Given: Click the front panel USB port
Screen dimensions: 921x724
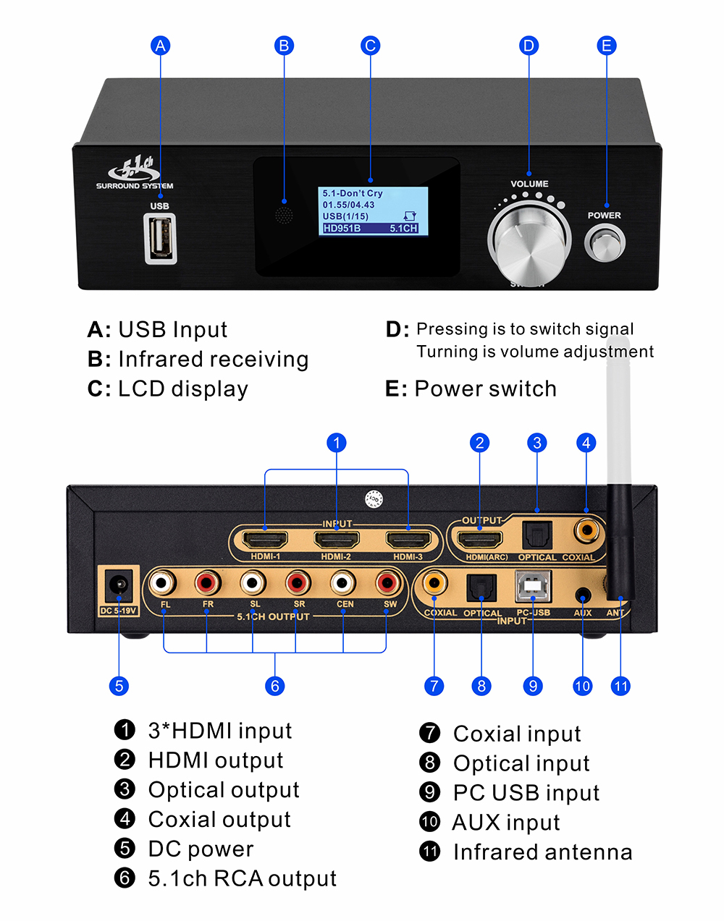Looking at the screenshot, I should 161,238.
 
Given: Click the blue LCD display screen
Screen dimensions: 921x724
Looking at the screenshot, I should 373,211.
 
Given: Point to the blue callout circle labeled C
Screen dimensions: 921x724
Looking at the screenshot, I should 370,46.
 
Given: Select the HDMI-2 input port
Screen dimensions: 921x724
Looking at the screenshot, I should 337,540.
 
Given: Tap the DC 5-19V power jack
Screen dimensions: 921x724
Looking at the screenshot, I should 118,587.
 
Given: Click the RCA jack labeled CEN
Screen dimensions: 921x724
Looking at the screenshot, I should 343,581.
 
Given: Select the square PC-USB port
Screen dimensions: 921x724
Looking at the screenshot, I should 533,586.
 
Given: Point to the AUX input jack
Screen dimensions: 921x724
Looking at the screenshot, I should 582,595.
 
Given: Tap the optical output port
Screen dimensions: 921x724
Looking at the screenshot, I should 536,535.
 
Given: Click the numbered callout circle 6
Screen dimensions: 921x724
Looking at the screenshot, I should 274,685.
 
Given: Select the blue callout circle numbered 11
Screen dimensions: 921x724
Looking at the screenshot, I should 621,685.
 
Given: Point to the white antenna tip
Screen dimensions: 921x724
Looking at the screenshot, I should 617,376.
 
